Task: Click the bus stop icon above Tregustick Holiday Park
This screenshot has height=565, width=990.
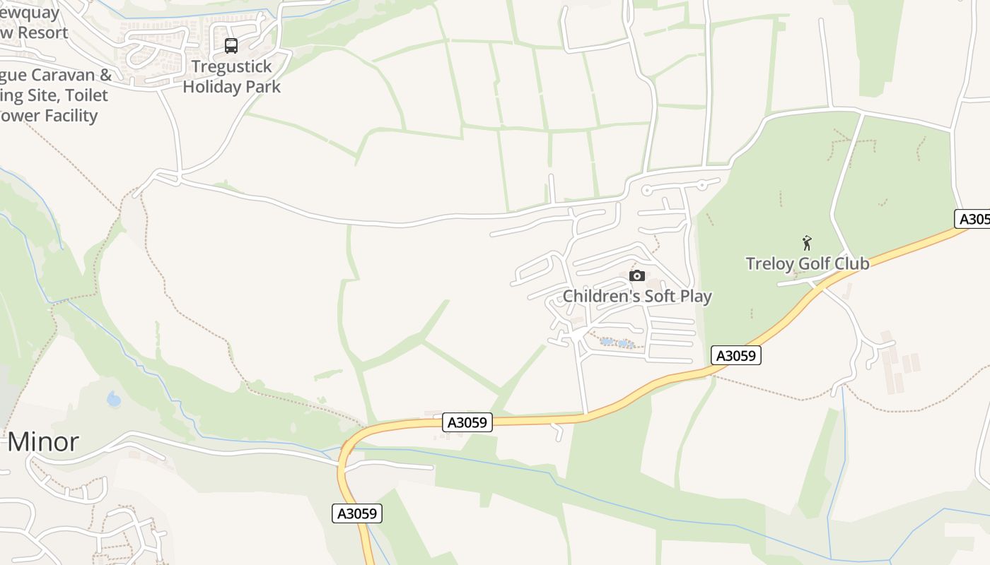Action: pyautogui.click(x=231, y=46)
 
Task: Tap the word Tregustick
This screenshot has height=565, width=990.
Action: pyautogui.click(x=232, y=67)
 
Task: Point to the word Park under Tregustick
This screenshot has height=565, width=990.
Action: pyautogui.click(x=262, y=87)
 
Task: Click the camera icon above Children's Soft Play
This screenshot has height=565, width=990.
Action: pyautogui.click(x=636, y=275)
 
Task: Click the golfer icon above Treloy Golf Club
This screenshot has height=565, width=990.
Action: pyautogui.click(x=807, y=244)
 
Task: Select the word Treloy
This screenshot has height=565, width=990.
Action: pyautogui.click(x=769, y=264)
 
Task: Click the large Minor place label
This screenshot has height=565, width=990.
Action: pyautogui.click(x=42, y=442)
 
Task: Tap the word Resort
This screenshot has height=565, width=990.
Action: pyautogui.click(x=42, y=32)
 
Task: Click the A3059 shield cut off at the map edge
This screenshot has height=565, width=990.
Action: pyautogui.click(x=973, y=219)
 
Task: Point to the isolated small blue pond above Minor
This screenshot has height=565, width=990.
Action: pyautogui.click(x=113, y=400)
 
